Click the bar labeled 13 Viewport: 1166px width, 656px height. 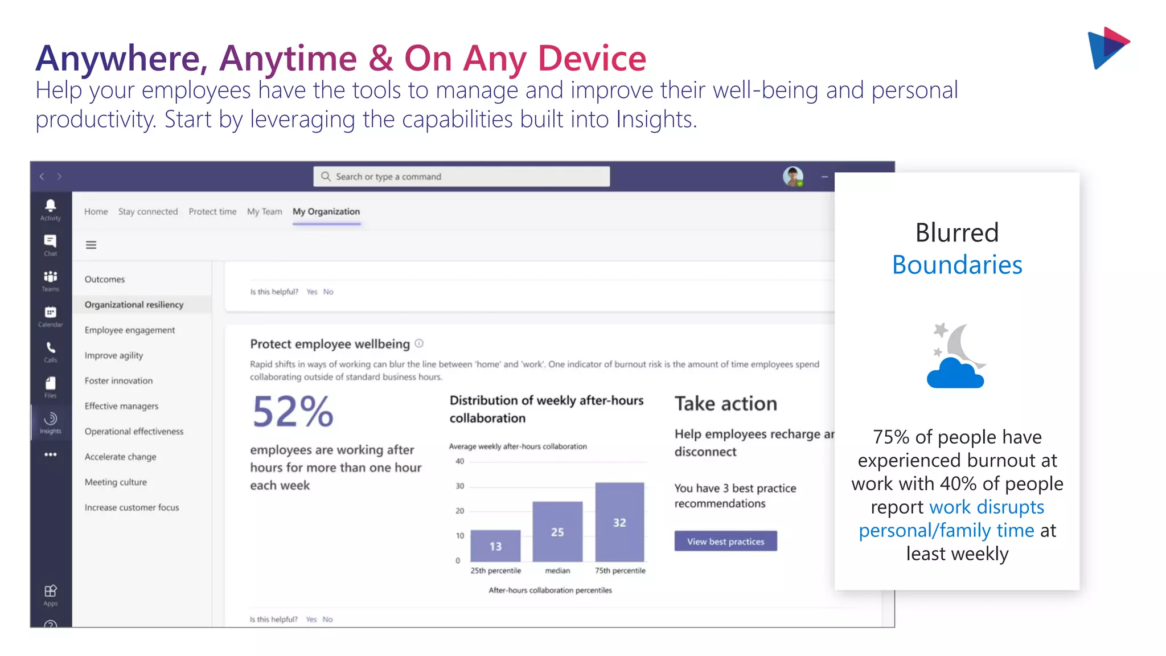point(495,546)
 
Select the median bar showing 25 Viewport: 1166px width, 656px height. point(557,531)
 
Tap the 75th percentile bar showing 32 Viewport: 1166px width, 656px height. point(619,522)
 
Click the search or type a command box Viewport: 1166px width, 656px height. point(461,177)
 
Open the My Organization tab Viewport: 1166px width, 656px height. point(326,211)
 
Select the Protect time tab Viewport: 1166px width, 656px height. point(212,211)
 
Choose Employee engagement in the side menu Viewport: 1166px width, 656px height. point(130,330)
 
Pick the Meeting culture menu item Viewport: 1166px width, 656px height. point(116,482)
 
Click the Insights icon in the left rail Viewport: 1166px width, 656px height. point(51,422)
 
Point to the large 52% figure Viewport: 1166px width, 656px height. point(293,411)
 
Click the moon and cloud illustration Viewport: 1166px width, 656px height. point(956,356)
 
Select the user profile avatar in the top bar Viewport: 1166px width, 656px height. point(793,177)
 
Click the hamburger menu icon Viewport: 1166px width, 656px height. point(91,245)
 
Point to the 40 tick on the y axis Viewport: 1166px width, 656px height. point(459,461)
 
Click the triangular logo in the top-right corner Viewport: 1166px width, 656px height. point(1107,48)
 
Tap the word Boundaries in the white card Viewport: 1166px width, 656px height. point(957,265)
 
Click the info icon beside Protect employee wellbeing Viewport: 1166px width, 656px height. point(419,343)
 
